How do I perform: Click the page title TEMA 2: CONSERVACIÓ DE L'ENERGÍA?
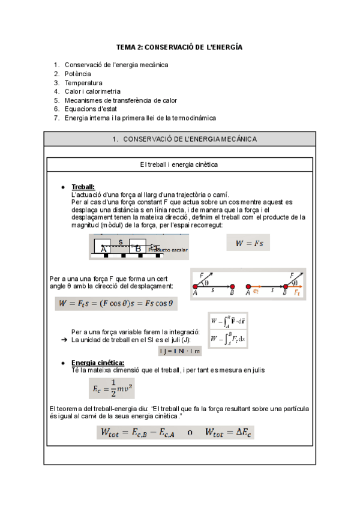click(x=179, y=47)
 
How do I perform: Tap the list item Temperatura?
click(x=83, y=82)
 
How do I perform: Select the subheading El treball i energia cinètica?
click(x=179, y=164)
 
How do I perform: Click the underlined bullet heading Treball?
click(x=83, y=187)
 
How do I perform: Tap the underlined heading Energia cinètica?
click(x=98, y=363)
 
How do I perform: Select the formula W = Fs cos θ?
click(x=116, y=304)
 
